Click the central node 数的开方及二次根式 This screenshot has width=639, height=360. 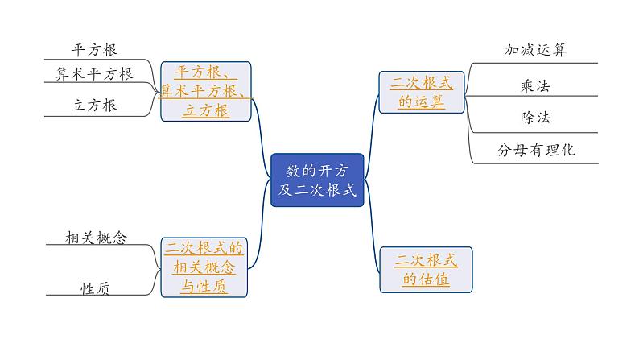pyautogui.click(x=317, y=180)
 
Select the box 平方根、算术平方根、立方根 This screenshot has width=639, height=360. pyautogui.click(x=206, y=91)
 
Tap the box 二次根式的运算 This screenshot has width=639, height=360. pyautogui.click(x=421, y=92)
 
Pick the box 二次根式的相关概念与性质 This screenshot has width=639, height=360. pyautogui.click(x=204, y=267)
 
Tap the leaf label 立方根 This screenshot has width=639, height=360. pyautogui.click(x=94, y=105)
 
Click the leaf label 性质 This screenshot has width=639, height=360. pyautogui.click(x=95, y=287)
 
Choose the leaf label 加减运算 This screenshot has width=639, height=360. pyautogui.click(x=535, y=50)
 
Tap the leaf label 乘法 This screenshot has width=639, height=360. pyautogui.click(x=535, y=85)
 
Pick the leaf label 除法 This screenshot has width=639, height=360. pyautogui.click(x=535, y=118)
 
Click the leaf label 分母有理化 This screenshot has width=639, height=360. pyautogui.click(x=536, y=150)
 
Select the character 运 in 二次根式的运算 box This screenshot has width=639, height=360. pyautogui.click(x=421, y=101)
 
